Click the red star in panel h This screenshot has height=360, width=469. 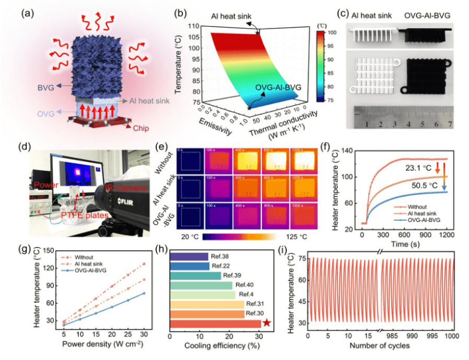click(267, 323)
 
